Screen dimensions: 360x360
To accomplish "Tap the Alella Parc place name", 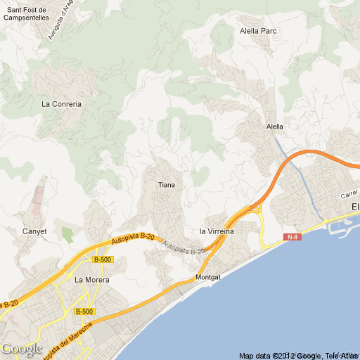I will (258, 31).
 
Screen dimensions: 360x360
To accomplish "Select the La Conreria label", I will (61, 104).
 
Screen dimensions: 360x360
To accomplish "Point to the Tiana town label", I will (167, 185).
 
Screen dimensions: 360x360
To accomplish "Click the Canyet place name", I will (34, 231).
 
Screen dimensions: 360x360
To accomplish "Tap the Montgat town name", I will (208, 277).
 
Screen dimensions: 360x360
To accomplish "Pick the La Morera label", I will (92, 279).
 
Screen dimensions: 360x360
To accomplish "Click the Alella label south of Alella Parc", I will (275, 127).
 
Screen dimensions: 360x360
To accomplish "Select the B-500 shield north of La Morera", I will (103, 259).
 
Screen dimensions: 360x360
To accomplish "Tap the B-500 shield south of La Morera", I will (84, 311).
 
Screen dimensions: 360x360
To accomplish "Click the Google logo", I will (21, 348).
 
